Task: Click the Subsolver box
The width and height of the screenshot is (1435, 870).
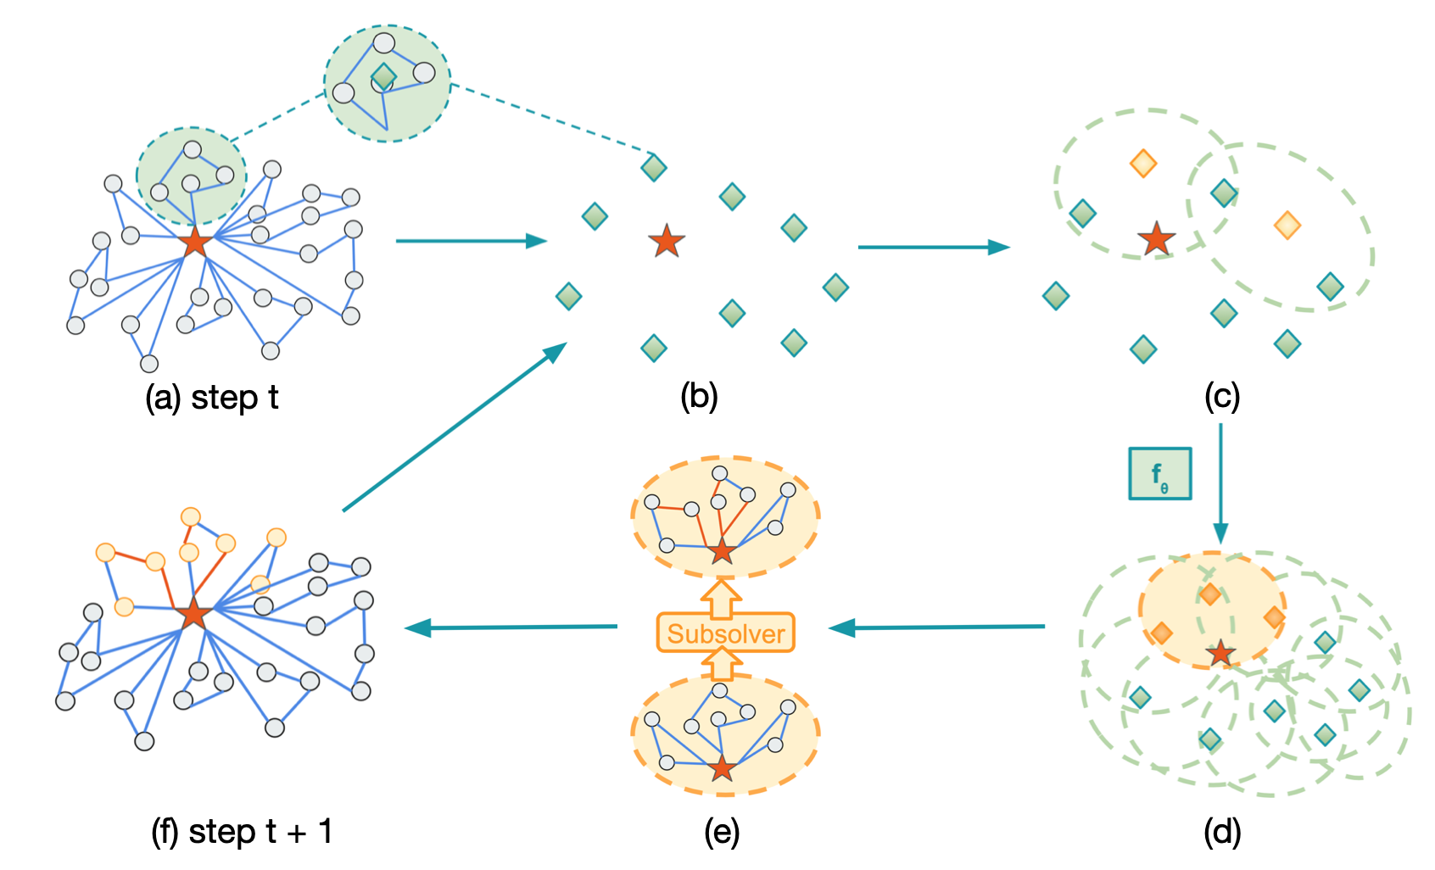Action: click(x=725, y=633)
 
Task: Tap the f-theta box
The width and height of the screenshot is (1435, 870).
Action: click(x=1159, y=473)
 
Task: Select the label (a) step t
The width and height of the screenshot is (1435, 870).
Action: click(x=212, y=397)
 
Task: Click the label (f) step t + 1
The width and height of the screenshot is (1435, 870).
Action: click(x=242, y=832)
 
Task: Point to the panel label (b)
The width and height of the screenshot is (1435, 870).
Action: click(x=699, y=396)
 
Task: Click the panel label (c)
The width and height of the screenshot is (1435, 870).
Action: click(x=1222, y=396)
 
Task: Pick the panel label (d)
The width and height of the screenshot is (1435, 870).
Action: click(x=1222, y=832)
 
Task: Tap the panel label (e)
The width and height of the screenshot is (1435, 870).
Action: click(x=722, y=832)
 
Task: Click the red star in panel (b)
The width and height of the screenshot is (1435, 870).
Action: click(x=667, y=242)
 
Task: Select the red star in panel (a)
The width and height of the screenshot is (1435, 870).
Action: click(x=195, y=242)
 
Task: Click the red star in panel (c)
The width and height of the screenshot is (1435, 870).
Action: click(x=1157, y=239)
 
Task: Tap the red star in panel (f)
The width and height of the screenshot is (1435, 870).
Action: click(x=193, y=613)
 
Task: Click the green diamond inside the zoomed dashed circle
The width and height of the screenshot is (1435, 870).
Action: click(x=383, y=77)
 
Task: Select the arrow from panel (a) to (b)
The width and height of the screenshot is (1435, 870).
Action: click(x=471, y=241)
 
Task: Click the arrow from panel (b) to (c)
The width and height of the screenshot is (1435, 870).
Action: click(x=933, y=247)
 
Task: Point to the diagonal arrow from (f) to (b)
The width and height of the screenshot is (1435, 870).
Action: click(x=454, y=427)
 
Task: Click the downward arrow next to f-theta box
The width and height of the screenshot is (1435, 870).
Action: click(x=1220, y=483)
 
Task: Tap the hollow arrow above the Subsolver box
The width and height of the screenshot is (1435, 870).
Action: click(x=721, y=598)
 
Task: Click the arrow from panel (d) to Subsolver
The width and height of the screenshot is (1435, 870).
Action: click(x=937, y=627)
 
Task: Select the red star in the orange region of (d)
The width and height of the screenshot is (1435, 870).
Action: click(x=1220, y=653)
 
